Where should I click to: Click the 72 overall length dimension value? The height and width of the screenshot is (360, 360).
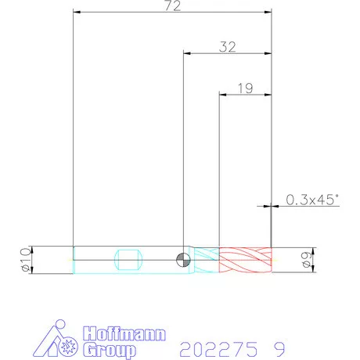(173, 5)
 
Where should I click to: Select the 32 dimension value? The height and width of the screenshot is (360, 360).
(228, 47)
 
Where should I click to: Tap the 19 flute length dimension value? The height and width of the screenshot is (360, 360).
(246, 88)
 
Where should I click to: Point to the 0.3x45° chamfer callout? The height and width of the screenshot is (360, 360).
(312, 200)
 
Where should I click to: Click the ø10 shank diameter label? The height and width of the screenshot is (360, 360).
(26, 260)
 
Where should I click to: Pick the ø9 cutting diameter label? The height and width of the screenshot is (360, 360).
(307, 260)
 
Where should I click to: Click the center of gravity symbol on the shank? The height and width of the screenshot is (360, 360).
(183, 260)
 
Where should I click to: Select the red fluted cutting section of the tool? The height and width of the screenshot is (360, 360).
(246, 260)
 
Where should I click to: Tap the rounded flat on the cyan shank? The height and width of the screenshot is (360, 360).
(128, 260)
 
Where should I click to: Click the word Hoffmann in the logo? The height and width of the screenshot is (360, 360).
(124, 333)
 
